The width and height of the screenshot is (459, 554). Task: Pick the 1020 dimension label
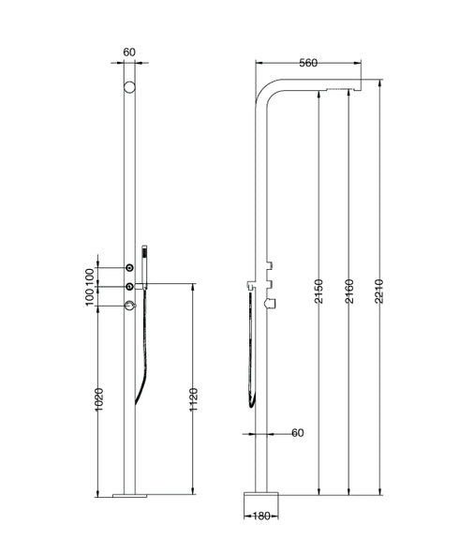click(98, 402)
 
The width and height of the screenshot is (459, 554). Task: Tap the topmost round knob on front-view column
click(129, 267)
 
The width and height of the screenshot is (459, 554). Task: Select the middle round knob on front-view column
click(129, 285)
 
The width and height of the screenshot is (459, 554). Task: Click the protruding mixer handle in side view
click(274, 302)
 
